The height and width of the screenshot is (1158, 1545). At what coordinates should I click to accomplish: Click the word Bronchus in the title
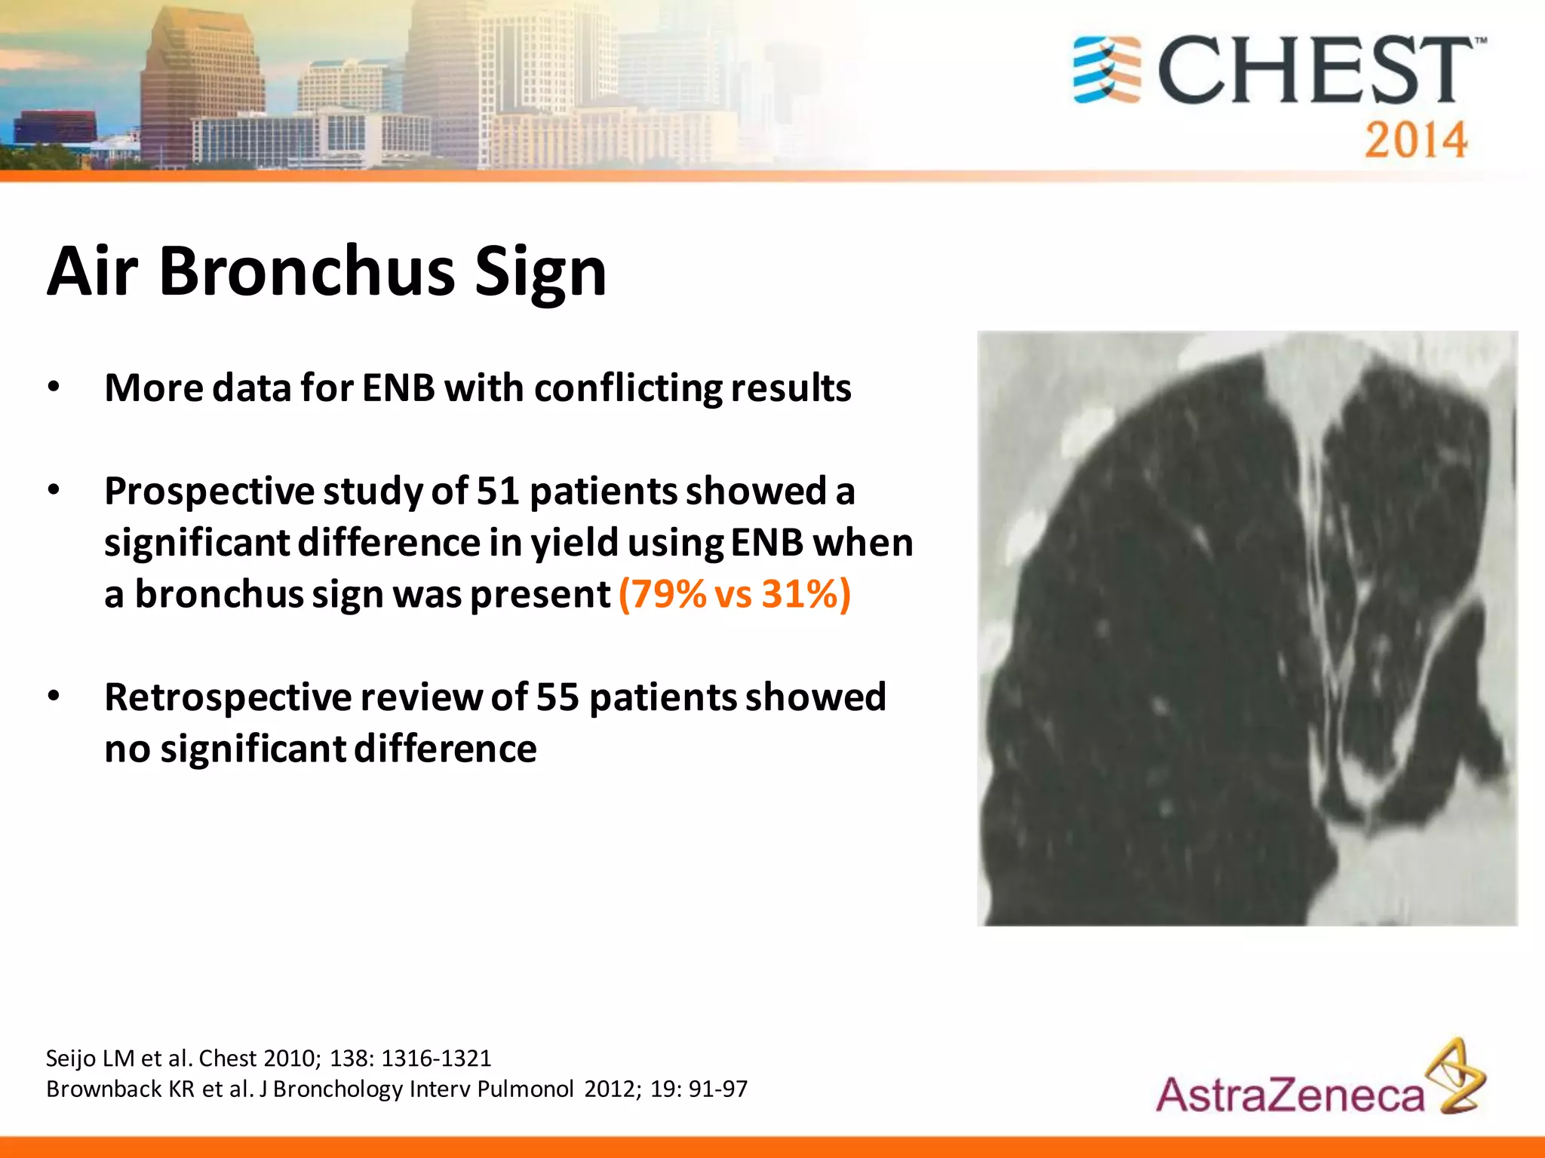(307, 271)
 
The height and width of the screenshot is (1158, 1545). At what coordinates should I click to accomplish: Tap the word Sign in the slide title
(540, 273)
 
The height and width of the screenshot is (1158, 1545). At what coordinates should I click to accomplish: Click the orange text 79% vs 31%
(734, 594)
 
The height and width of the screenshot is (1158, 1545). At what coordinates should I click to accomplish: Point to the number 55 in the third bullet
(557, 697)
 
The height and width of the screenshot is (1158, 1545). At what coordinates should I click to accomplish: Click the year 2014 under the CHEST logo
(1415, 140)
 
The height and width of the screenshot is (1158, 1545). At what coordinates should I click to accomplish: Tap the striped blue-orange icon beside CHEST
(1107, 69)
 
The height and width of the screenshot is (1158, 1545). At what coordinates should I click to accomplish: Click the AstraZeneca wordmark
(1290, 1095)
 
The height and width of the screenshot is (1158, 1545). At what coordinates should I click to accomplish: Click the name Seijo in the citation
(71, 1058)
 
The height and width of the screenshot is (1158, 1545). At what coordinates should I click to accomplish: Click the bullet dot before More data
(53, 388)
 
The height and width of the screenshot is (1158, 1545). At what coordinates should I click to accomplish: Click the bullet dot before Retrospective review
(53, 697)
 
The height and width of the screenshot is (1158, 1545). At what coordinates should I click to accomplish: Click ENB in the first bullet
(398, 388)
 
